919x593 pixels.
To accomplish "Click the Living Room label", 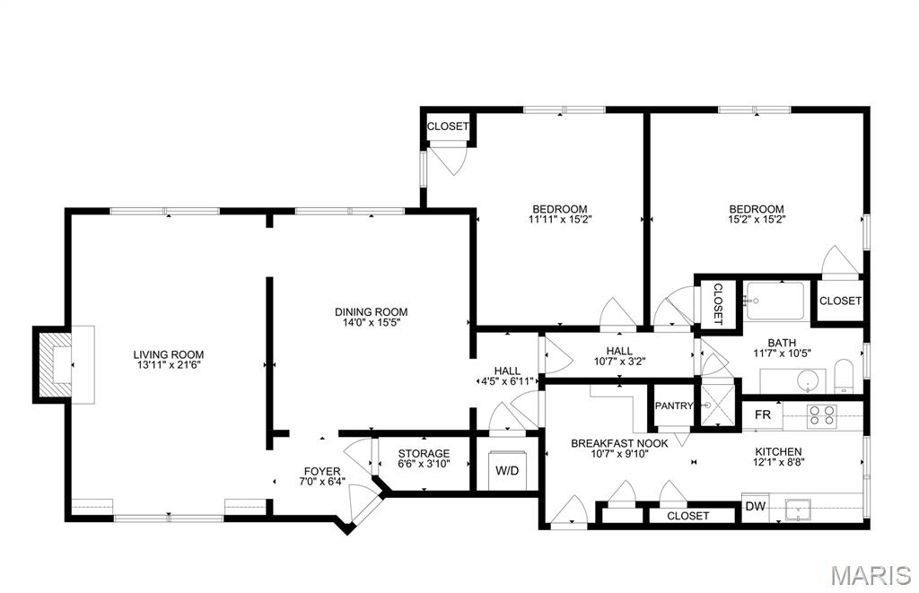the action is pyautogui.click(x=168, y=354).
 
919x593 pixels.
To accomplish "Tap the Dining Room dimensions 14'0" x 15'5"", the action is pyautogui.click(x=371, y=322).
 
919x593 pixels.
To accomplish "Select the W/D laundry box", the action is pyautogui.click(x=507, y=470).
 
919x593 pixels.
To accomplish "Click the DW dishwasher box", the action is pyautogui.click(x=756, y=506).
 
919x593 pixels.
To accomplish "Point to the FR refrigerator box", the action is pyautogui.click(x=763, y=414).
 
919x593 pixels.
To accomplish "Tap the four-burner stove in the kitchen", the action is pyautogui.click(x=821, y=414).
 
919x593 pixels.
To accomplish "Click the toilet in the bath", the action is pyautogui.click(x=844, y=376).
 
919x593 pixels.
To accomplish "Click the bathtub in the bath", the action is pyautogui.click(x=775, y=301).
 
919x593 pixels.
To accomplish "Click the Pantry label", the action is pyautogui.click(x=674, y=406).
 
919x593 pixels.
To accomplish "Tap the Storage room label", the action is pyautogui.click(x=424, y=454).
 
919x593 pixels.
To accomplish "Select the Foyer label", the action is pyautogui.click(x=322, y=472).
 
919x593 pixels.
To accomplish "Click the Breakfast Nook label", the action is pyautogui.click(x=619, y=443).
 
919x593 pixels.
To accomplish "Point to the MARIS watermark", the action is pyautogui.click(x=871, y=575).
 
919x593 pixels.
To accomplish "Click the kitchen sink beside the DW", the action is pyautogui.click(x=798, y=510).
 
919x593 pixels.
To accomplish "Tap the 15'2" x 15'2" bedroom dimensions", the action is pyautogui.click(x=757, y=220).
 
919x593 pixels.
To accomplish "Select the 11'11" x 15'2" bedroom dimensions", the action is pyautogui.click(x=560, y=220).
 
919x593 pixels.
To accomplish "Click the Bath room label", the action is pyautogui.click(x=783, y=343).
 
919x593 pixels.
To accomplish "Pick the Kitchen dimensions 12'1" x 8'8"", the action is pyautogui.click(x=778, y=462).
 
